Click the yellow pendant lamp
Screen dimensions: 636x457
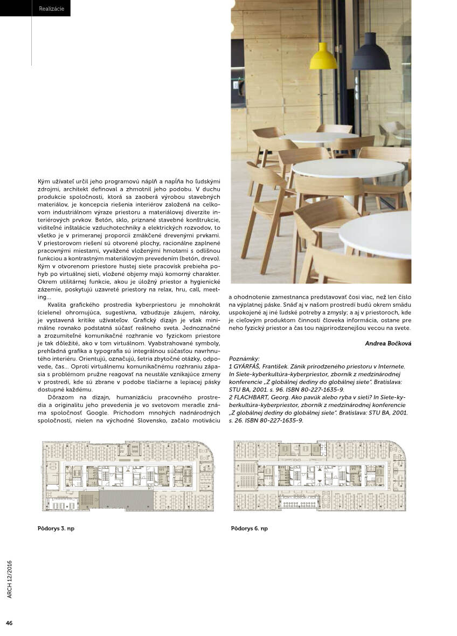(323, 56)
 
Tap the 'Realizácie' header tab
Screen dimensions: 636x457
(52, 9)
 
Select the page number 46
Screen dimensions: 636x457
(9, 623)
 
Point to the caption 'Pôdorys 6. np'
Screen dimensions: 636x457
(249, 528)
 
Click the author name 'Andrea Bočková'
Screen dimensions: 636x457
(387, 343)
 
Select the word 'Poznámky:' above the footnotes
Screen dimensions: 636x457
(245, 358)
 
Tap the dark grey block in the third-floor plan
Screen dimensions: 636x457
(126, 499)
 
